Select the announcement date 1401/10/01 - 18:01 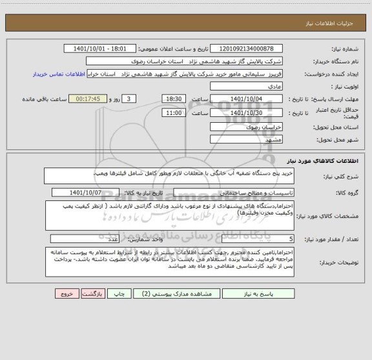tap(101, 48)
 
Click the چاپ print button tap(119, 293)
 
